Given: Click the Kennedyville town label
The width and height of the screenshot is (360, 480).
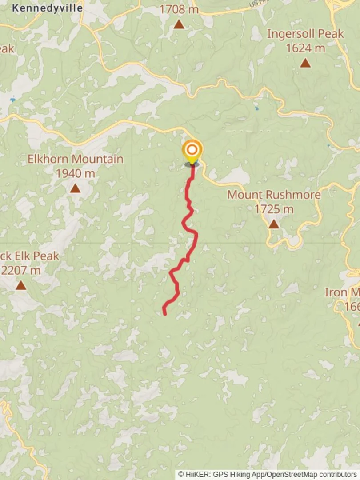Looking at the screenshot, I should click(48, 8).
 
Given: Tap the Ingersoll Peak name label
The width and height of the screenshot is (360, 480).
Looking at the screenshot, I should click(305, 34).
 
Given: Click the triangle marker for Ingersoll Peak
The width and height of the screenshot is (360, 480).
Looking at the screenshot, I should click(305, 63).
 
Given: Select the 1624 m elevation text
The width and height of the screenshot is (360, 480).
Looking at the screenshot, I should click(305, 48).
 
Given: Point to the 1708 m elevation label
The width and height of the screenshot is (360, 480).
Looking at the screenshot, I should click(179, 9).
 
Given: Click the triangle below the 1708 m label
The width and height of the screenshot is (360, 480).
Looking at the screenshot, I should click(179, 24).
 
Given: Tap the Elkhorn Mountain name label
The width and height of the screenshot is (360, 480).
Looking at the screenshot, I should click(75, 159).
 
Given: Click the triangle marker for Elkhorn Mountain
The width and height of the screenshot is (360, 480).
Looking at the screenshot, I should click(75, 189).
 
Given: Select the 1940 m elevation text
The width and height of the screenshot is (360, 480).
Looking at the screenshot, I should click(75, 174).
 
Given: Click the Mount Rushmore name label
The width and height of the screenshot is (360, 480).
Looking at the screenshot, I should click(274, 195).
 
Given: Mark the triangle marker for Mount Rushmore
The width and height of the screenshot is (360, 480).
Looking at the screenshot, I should click(274, 224).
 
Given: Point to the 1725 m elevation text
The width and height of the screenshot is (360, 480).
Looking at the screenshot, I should click(274, 209).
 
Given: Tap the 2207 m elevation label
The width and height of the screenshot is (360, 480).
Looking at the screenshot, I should click(20, 270).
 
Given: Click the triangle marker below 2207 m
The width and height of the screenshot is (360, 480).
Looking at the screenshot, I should click(20, 285).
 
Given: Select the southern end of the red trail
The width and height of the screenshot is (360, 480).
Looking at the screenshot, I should click(165, 314).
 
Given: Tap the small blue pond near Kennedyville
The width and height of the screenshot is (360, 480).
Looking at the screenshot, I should click(12, 100).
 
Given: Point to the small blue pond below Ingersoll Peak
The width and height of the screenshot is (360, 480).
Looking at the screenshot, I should click(256, 108).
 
